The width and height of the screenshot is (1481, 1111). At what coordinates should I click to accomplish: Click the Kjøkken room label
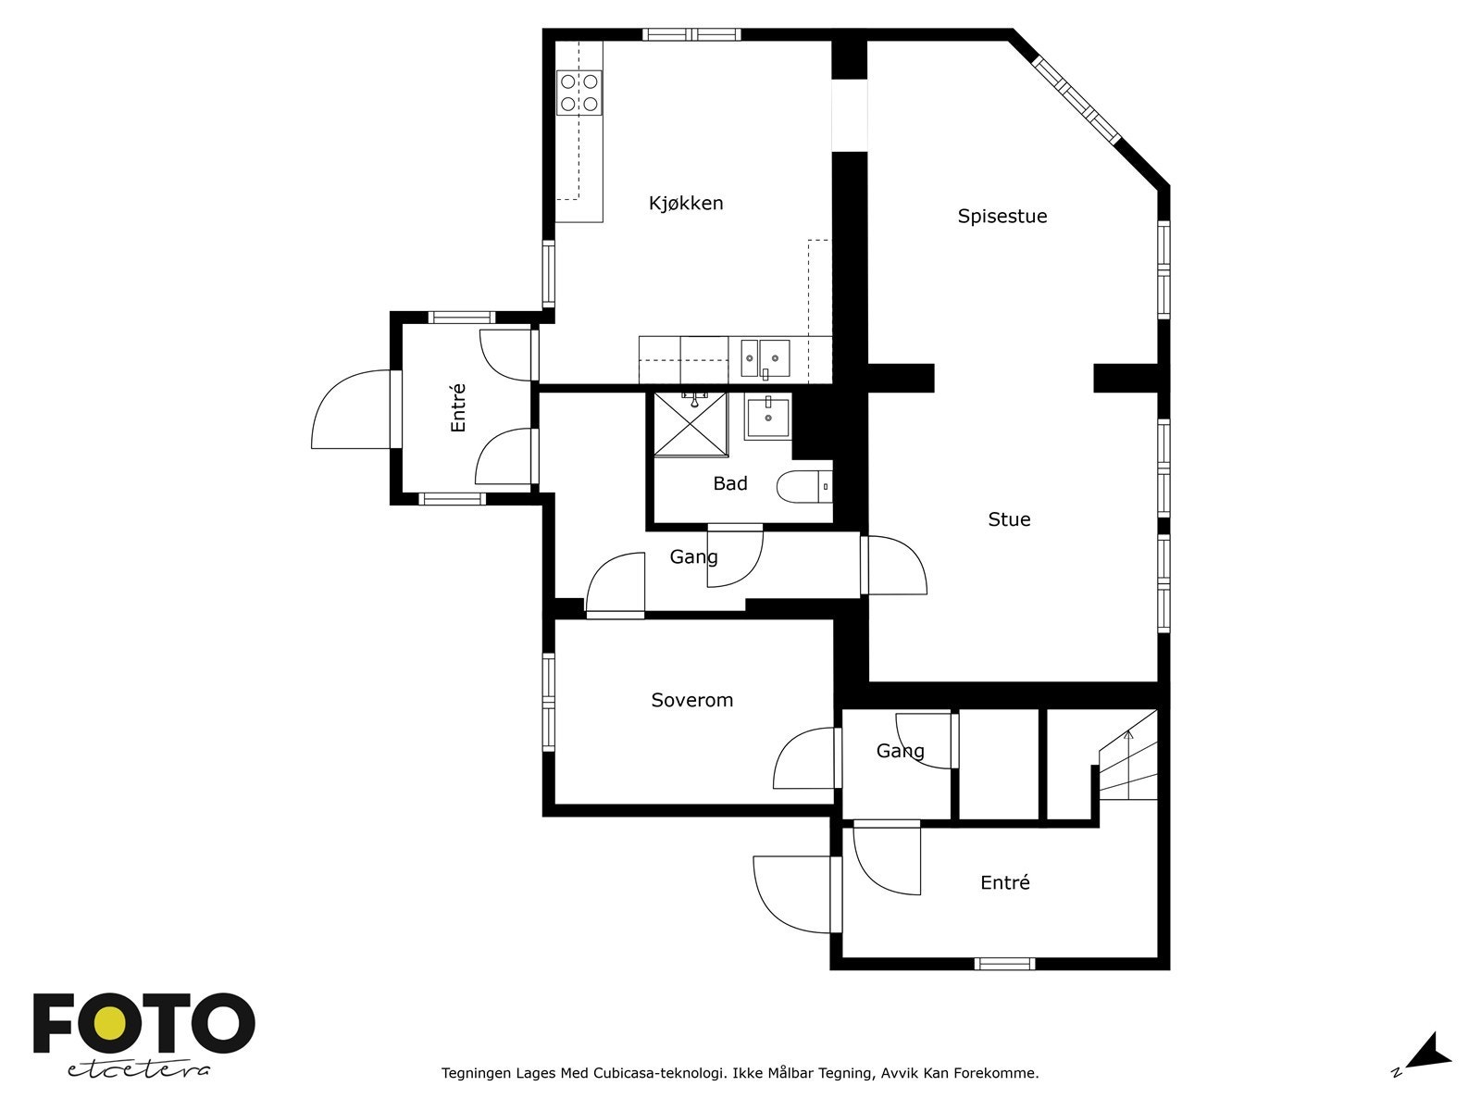tap(686, 203)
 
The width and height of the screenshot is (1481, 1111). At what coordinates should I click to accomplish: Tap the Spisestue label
tap(1002, 217)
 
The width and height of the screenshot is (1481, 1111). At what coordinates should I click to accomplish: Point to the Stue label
tap(1009, 519)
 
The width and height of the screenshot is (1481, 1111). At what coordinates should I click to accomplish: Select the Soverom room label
tap(691, 700)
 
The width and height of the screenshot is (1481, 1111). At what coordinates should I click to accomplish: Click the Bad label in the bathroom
tap(730, 483)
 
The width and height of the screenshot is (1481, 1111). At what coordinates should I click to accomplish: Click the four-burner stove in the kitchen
tap(579, 93)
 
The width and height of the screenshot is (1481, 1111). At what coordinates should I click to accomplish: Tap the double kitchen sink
tap(765, 358)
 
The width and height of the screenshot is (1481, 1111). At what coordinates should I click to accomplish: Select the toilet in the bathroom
tap(804, 486)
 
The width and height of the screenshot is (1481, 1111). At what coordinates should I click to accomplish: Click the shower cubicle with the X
tap(691, 424)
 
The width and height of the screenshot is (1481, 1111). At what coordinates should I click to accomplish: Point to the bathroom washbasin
tap(768, 417)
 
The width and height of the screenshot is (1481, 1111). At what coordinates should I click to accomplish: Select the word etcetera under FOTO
tap(138, 1070)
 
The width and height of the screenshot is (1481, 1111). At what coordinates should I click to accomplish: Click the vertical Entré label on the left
tap(458, 407)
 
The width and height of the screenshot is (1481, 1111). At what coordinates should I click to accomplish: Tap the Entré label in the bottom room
tap(1004, 883)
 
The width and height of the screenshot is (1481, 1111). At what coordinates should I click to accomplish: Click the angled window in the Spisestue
tap(1077, 101)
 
